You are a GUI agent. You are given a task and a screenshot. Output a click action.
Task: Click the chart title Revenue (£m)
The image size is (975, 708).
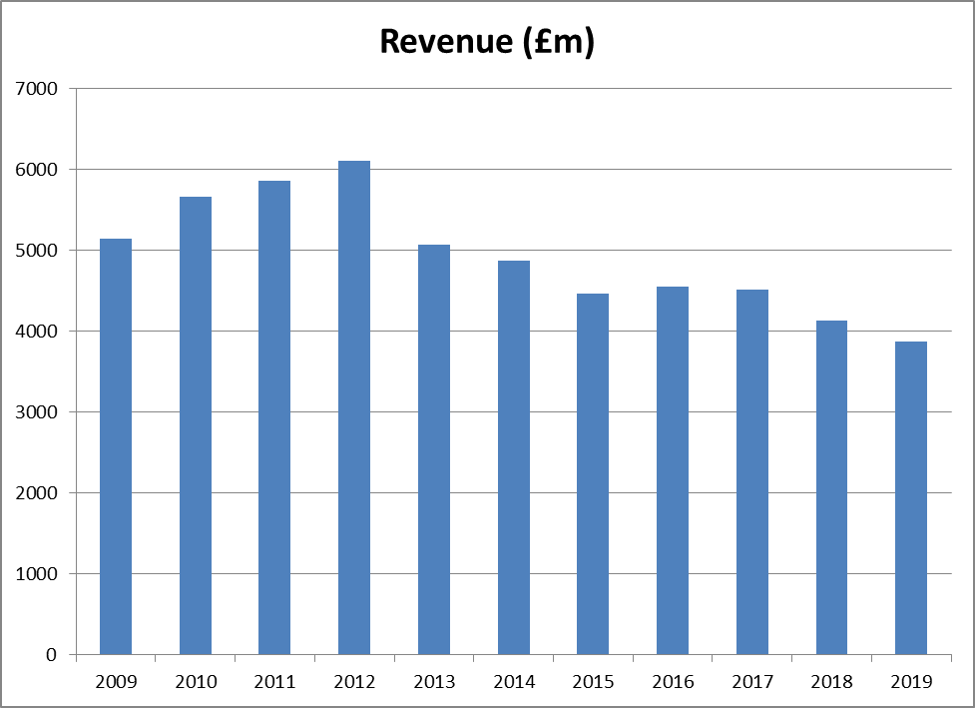point(487,42)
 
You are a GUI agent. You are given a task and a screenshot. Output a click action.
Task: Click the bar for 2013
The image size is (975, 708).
point(434,449)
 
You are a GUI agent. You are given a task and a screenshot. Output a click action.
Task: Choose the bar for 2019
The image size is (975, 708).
point(911,498)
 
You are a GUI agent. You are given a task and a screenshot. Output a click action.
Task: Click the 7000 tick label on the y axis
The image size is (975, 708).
point(39,89)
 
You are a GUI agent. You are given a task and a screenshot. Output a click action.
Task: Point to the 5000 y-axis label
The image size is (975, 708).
point(39,251)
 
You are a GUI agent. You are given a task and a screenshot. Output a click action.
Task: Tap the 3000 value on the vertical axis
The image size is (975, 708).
point(39,412)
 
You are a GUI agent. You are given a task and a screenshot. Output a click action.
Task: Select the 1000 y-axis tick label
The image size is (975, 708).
point(39,574)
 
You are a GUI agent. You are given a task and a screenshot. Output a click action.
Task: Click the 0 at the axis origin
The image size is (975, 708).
point(52,655)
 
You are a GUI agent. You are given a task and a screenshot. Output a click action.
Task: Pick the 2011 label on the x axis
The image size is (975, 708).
point(275,682)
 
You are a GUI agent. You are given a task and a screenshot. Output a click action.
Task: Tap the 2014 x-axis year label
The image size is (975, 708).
point(514,682)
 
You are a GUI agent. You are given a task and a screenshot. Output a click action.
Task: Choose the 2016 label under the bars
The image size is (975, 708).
point(673,682)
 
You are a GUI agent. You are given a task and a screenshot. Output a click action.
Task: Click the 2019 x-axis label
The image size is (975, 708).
point(911,682)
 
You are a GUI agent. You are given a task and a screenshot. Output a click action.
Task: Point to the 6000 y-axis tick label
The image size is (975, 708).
point(39,170)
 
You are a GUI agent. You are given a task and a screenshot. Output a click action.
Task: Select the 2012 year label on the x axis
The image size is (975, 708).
point(354,682)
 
